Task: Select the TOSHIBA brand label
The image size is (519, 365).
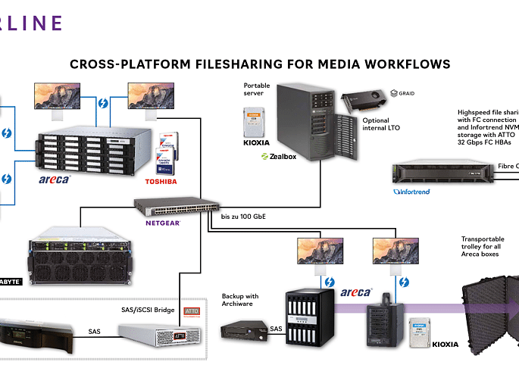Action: coord(161,182)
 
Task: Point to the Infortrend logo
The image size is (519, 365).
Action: coord(412,192)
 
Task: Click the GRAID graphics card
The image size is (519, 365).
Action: coord(363,104)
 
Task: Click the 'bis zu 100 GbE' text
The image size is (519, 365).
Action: coord(243,217)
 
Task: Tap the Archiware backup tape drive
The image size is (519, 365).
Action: coord(244,330)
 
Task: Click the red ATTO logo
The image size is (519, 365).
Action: coord(191,310)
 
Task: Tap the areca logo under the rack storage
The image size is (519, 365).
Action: coord(55,179)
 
